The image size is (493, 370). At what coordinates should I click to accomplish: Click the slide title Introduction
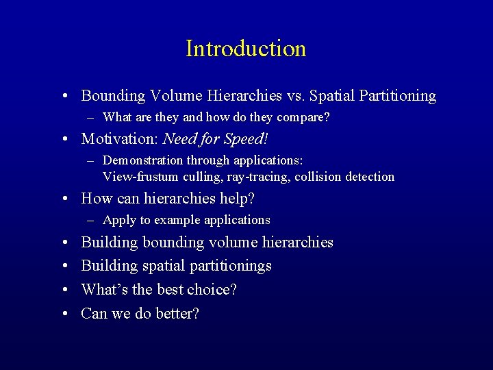(246, 49)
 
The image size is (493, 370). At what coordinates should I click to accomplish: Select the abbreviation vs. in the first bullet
(295, 96)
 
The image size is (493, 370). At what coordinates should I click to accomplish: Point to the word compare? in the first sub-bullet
(303, 118)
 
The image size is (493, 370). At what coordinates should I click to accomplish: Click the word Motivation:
(120, 139)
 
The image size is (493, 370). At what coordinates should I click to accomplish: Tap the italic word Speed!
(245, 139)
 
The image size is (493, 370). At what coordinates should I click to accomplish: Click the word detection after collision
(369, 177)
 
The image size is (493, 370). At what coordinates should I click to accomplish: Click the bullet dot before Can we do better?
(63, 314)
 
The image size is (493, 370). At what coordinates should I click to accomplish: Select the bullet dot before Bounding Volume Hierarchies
(63, 97)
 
